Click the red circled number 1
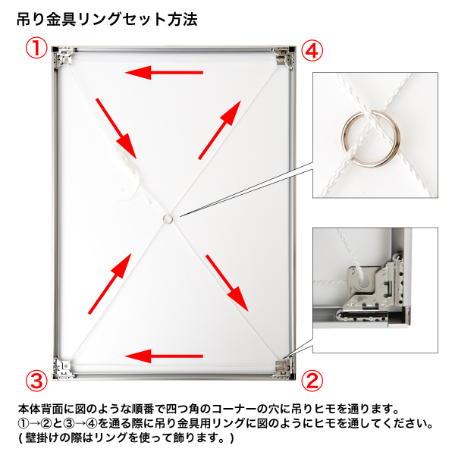click(36, 49)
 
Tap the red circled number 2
click(312, 381)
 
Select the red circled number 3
click(36, 381)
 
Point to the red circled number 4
click(312, 51)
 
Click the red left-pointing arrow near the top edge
click(164, 73)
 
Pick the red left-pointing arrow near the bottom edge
click(164, 356)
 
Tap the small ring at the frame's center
click(168, 218)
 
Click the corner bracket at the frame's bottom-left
click(63, 369)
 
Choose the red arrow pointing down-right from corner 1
click(116, 128)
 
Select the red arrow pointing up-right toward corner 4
click(220, 130)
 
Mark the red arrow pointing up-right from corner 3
click(110, 284)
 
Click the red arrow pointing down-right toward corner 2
click(227, 283)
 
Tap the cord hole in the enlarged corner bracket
click(364, 281)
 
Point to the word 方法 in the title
click(183, 20)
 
